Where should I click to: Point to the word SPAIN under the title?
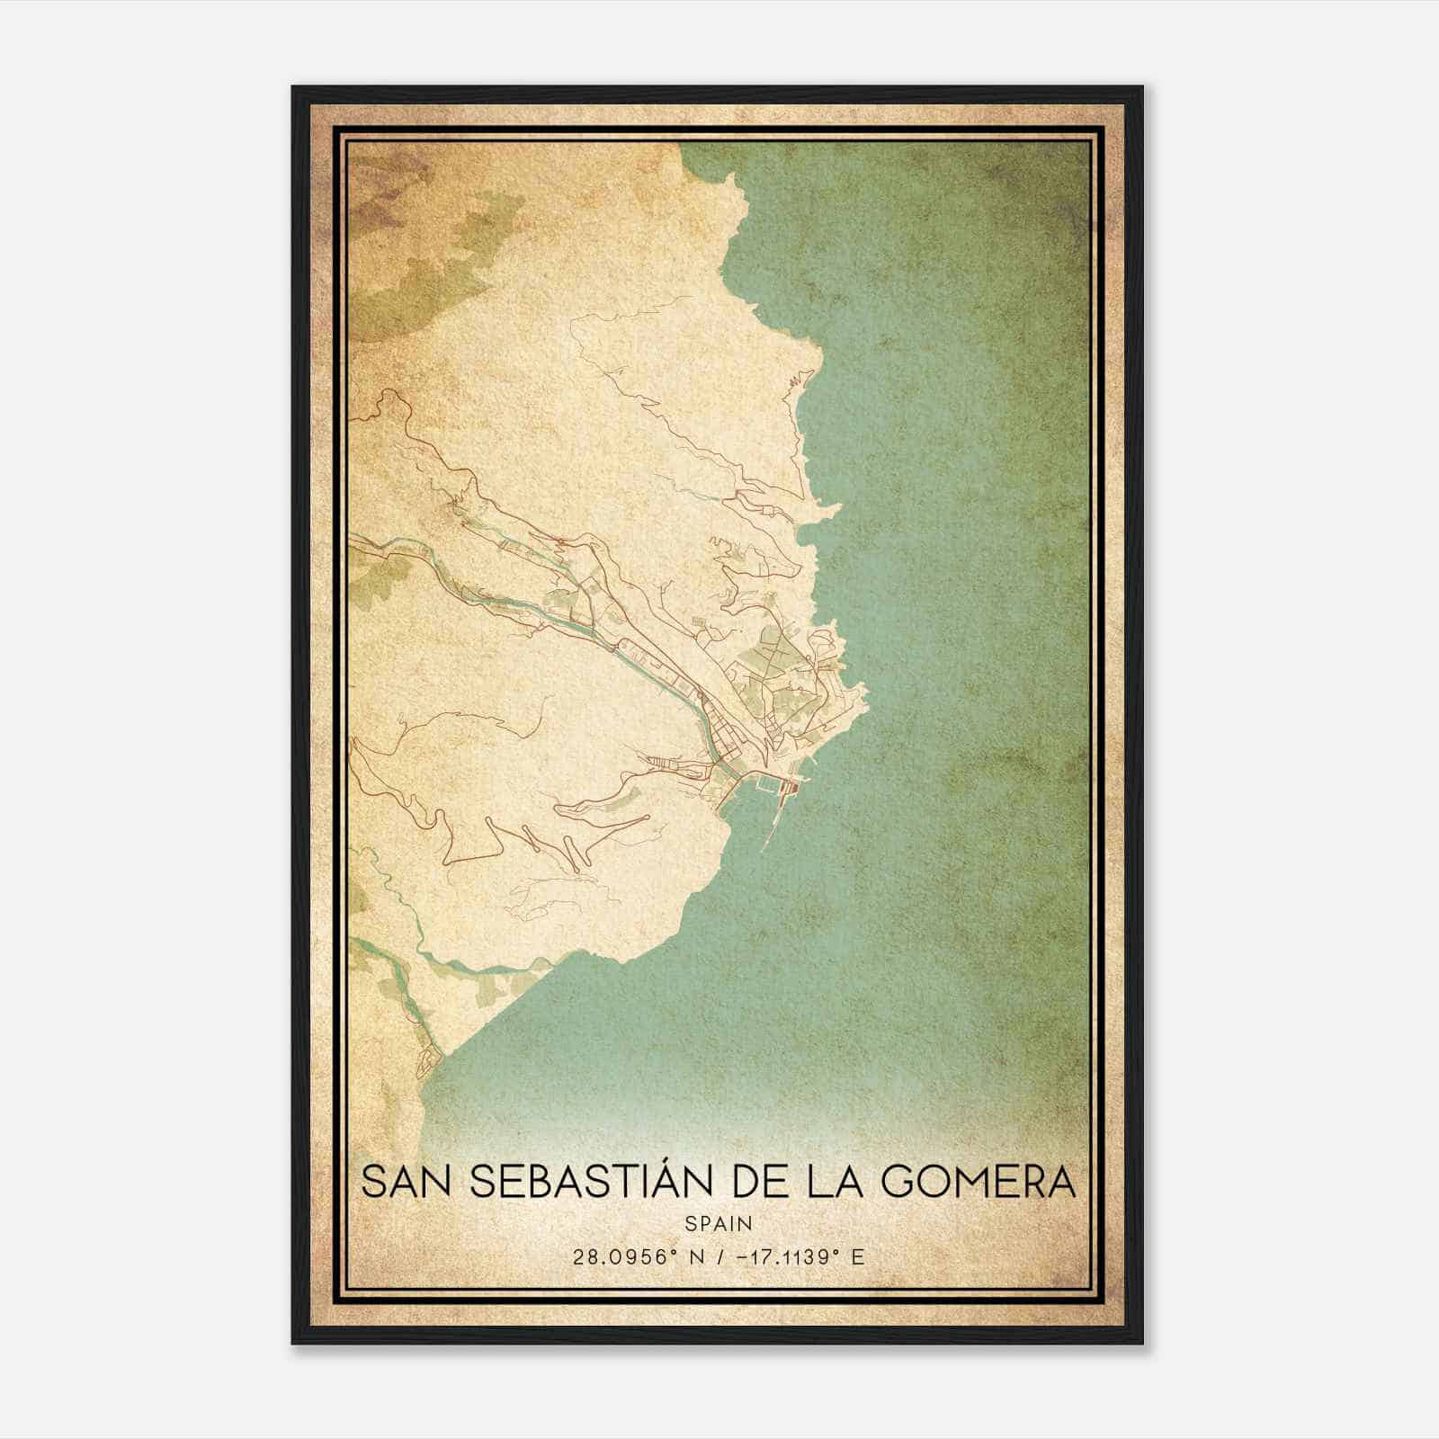719,1223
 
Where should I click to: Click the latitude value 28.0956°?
621,1257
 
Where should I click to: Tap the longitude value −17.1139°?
782,1257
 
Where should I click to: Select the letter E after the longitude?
857,1257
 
